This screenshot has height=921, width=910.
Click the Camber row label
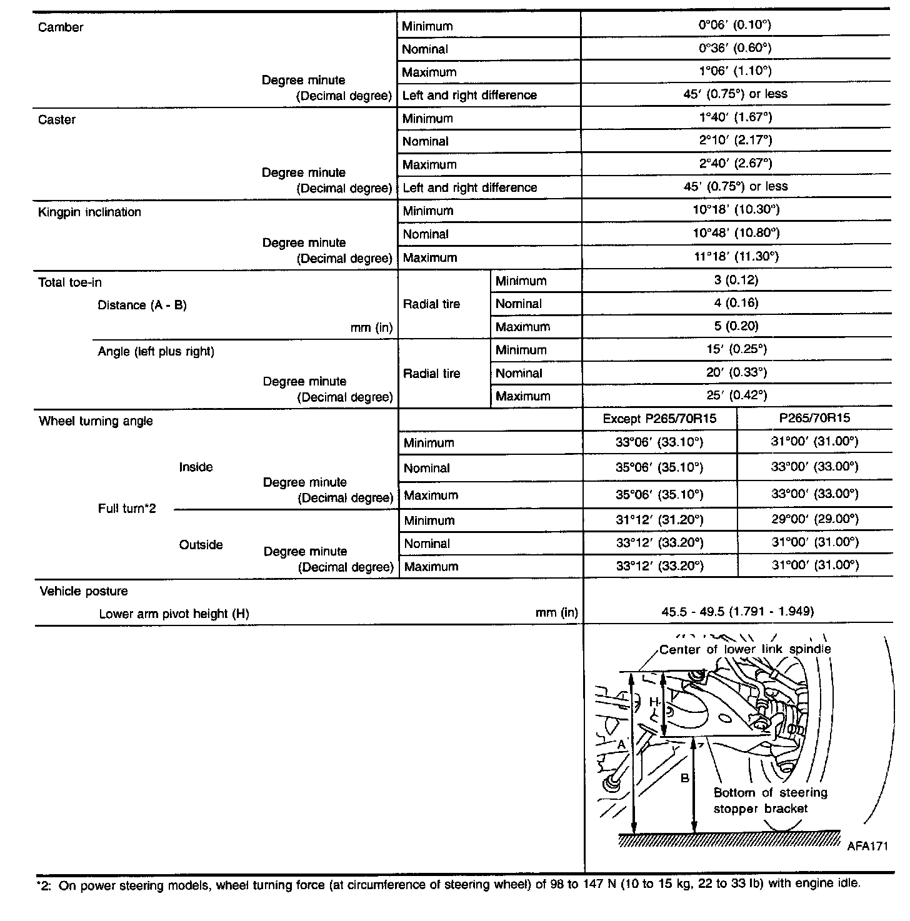click(x=61, y=27)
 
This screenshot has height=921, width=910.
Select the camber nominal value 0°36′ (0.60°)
click(x=735, y=48)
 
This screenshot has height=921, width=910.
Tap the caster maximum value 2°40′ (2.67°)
click(x=735, y=164)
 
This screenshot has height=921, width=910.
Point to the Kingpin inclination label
click(x=89, y=212)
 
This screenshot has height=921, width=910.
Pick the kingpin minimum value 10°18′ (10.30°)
click(x=735, y=210)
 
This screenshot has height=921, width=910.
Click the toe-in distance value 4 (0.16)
click(x=736, y=303)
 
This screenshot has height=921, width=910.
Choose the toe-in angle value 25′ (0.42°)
click(x=736, y=395)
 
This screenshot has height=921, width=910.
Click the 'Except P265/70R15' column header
click(x=659, y=419)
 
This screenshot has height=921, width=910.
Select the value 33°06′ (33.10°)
click(x=659, y=442)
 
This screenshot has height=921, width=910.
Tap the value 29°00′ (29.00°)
click(x=814, y=519)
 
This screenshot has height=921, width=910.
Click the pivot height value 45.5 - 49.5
click(x=737, y=612)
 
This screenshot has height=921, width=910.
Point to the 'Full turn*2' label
click(x=127, y=509)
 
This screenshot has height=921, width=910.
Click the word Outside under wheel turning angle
click(x=201, y=545)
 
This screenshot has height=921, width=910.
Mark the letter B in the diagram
click(x=685, y=779)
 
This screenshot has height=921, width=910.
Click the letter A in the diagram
click(x=621, y=745)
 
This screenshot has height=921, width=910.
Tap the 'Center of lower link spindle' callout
click(x=745, y=650)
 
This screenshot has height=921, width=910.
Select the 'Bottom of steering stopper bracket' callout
click(x=770, y=801)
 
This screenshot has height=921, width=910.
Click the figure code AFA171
click(x=867, y=847)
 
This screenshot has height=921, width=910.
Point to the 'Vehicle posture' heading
click(x=84, y=592)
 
